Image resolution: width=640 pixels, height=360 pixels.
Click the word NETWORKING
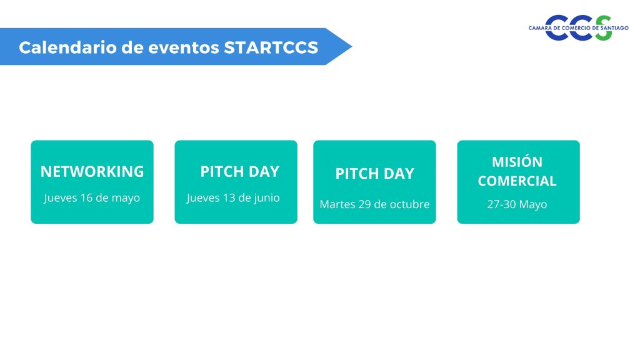click(92, 171)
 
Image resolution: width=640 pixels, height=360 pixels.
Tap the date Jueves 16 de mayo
click(92, 198)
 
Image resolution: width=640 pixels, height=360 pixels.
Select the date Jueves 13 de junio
click(233, 198)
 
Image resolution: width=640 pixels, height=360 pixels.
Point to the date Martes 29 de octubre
click(375, 204)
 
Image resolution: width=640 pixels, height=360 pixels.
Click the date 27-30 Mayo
click(517, 204)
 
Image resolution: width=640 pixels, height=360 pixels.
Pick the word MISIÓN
click(517, 162)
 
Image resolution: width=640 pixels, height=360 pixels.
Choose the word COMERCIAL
click(517, 181)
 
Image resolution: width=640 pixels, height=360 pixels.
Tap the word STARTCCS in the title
click(271, 47)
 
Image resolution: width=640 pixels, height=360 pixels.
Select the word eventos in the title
click(184, 47)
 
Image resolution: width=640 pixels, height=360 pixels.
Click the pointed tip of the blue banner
click(352, 46)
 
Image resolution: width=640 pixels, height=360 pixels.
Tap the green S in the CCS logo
click(603, 27)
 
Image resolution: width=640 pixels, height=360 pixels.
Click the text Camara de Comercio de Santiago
click(578, 28)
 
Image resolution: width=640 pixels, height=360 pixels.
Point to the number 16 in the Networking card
click(86, 198)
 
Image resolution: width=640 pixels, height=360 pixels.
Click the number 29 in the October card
click(364, 204)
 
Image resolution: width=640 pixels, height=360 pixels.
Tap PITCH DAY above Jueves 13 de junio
click(239, 171)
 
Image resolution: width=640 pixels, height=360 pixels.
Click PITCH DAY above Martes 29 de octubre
click(375, 174)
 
